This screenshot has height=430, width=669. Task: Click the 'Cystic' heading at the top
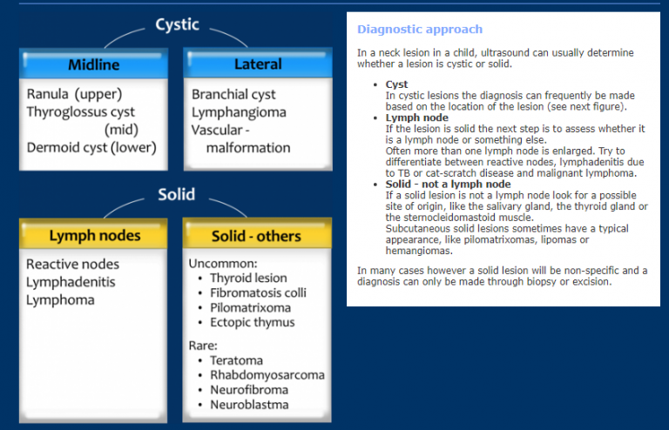click(x=177, y=24)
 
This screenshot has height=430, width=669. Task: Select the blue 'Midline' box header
click(x=94, y=65)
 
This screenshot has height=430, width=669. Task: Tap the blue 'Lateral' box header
click(x=258, y=64)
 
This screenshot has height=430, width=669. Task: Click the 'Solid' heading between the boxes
click(x=176, y=194)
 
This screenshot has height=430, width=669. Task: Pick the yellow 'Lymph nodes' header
click(x=94, y=236)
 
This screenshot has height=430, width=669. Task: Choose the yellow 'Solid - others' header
click(x=256, y=236)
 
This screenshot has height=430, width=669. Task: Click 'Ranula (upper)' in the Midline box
click(x=74, y=94)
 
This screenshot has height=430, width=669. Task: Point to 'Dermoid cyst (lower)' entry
click(x=91, y=147)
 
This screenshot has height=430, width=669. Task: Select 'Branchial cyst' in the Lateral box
click(x=233, y=94)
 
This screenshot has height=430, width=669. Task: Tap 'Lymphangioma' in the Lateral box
click(x=239, y=112)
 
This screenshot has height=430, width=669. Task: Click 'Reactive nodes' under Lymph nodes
click(x=72, y=264)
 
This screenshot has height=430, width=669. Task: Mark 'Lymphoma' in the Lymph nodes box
click(x=60, y=300)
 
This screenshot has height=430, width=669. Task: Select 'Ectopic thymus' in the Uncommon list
click(x=252, y=322)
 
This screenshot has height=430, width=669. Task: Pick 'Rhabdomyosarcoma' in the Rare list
click(x=267, y=375)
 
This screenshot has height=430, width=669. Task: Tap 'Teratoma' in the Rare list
click(x=236, y=360)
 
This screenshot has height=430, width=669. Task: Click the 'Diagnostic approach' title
click(x=407, y=30)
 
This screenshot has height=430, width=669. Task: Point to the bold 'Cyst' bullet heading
click(x=396, y=84)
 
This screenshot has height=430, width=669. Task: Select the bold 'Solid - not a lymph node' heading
click(x=448, y=185)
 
